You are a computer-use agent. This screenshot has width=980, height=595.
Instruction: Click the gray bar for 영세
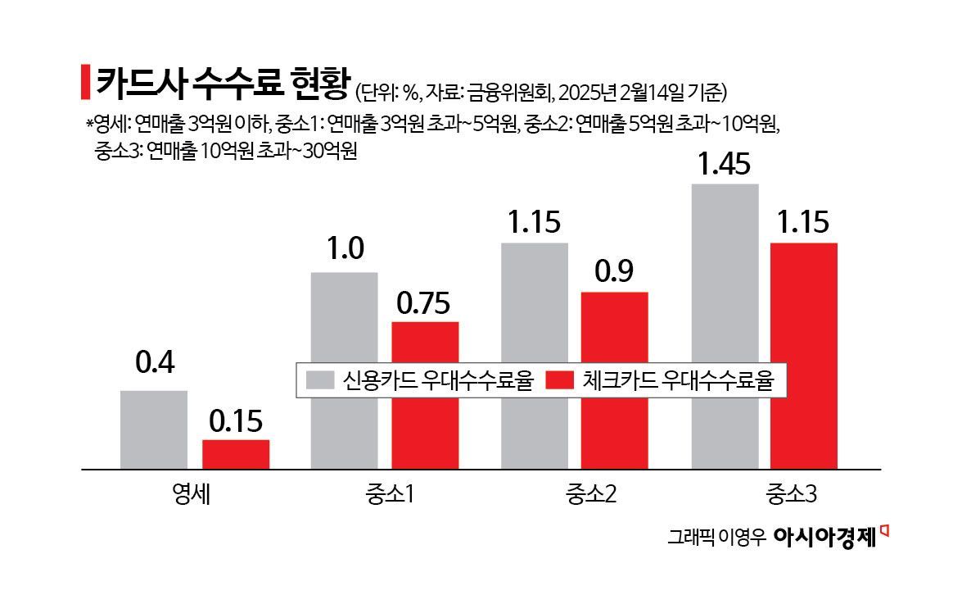click(154, 429)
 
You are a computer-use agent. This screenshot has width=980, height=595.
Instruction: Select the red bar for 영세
click(236, 454)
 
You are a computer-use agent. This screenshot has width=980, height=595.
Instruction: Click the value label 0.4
click(154, 363)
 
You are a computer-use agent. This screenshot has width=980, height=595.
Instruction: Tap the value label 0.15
click(236, 421)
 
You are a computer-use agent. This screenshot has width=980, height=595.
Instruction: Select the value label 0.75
click(423, 303)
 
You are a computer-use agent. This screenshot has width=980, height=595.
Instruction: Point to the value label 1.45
click(725, 165)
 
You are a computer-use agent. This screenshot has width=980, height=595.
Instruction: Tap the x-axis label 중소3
click(791, 494)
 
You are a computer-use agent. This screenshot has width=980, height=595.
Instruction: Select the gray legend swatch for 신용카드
click(320, 381)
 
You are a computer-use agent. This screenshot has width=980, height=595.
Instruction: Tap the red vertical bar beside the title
click(85, 82)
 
